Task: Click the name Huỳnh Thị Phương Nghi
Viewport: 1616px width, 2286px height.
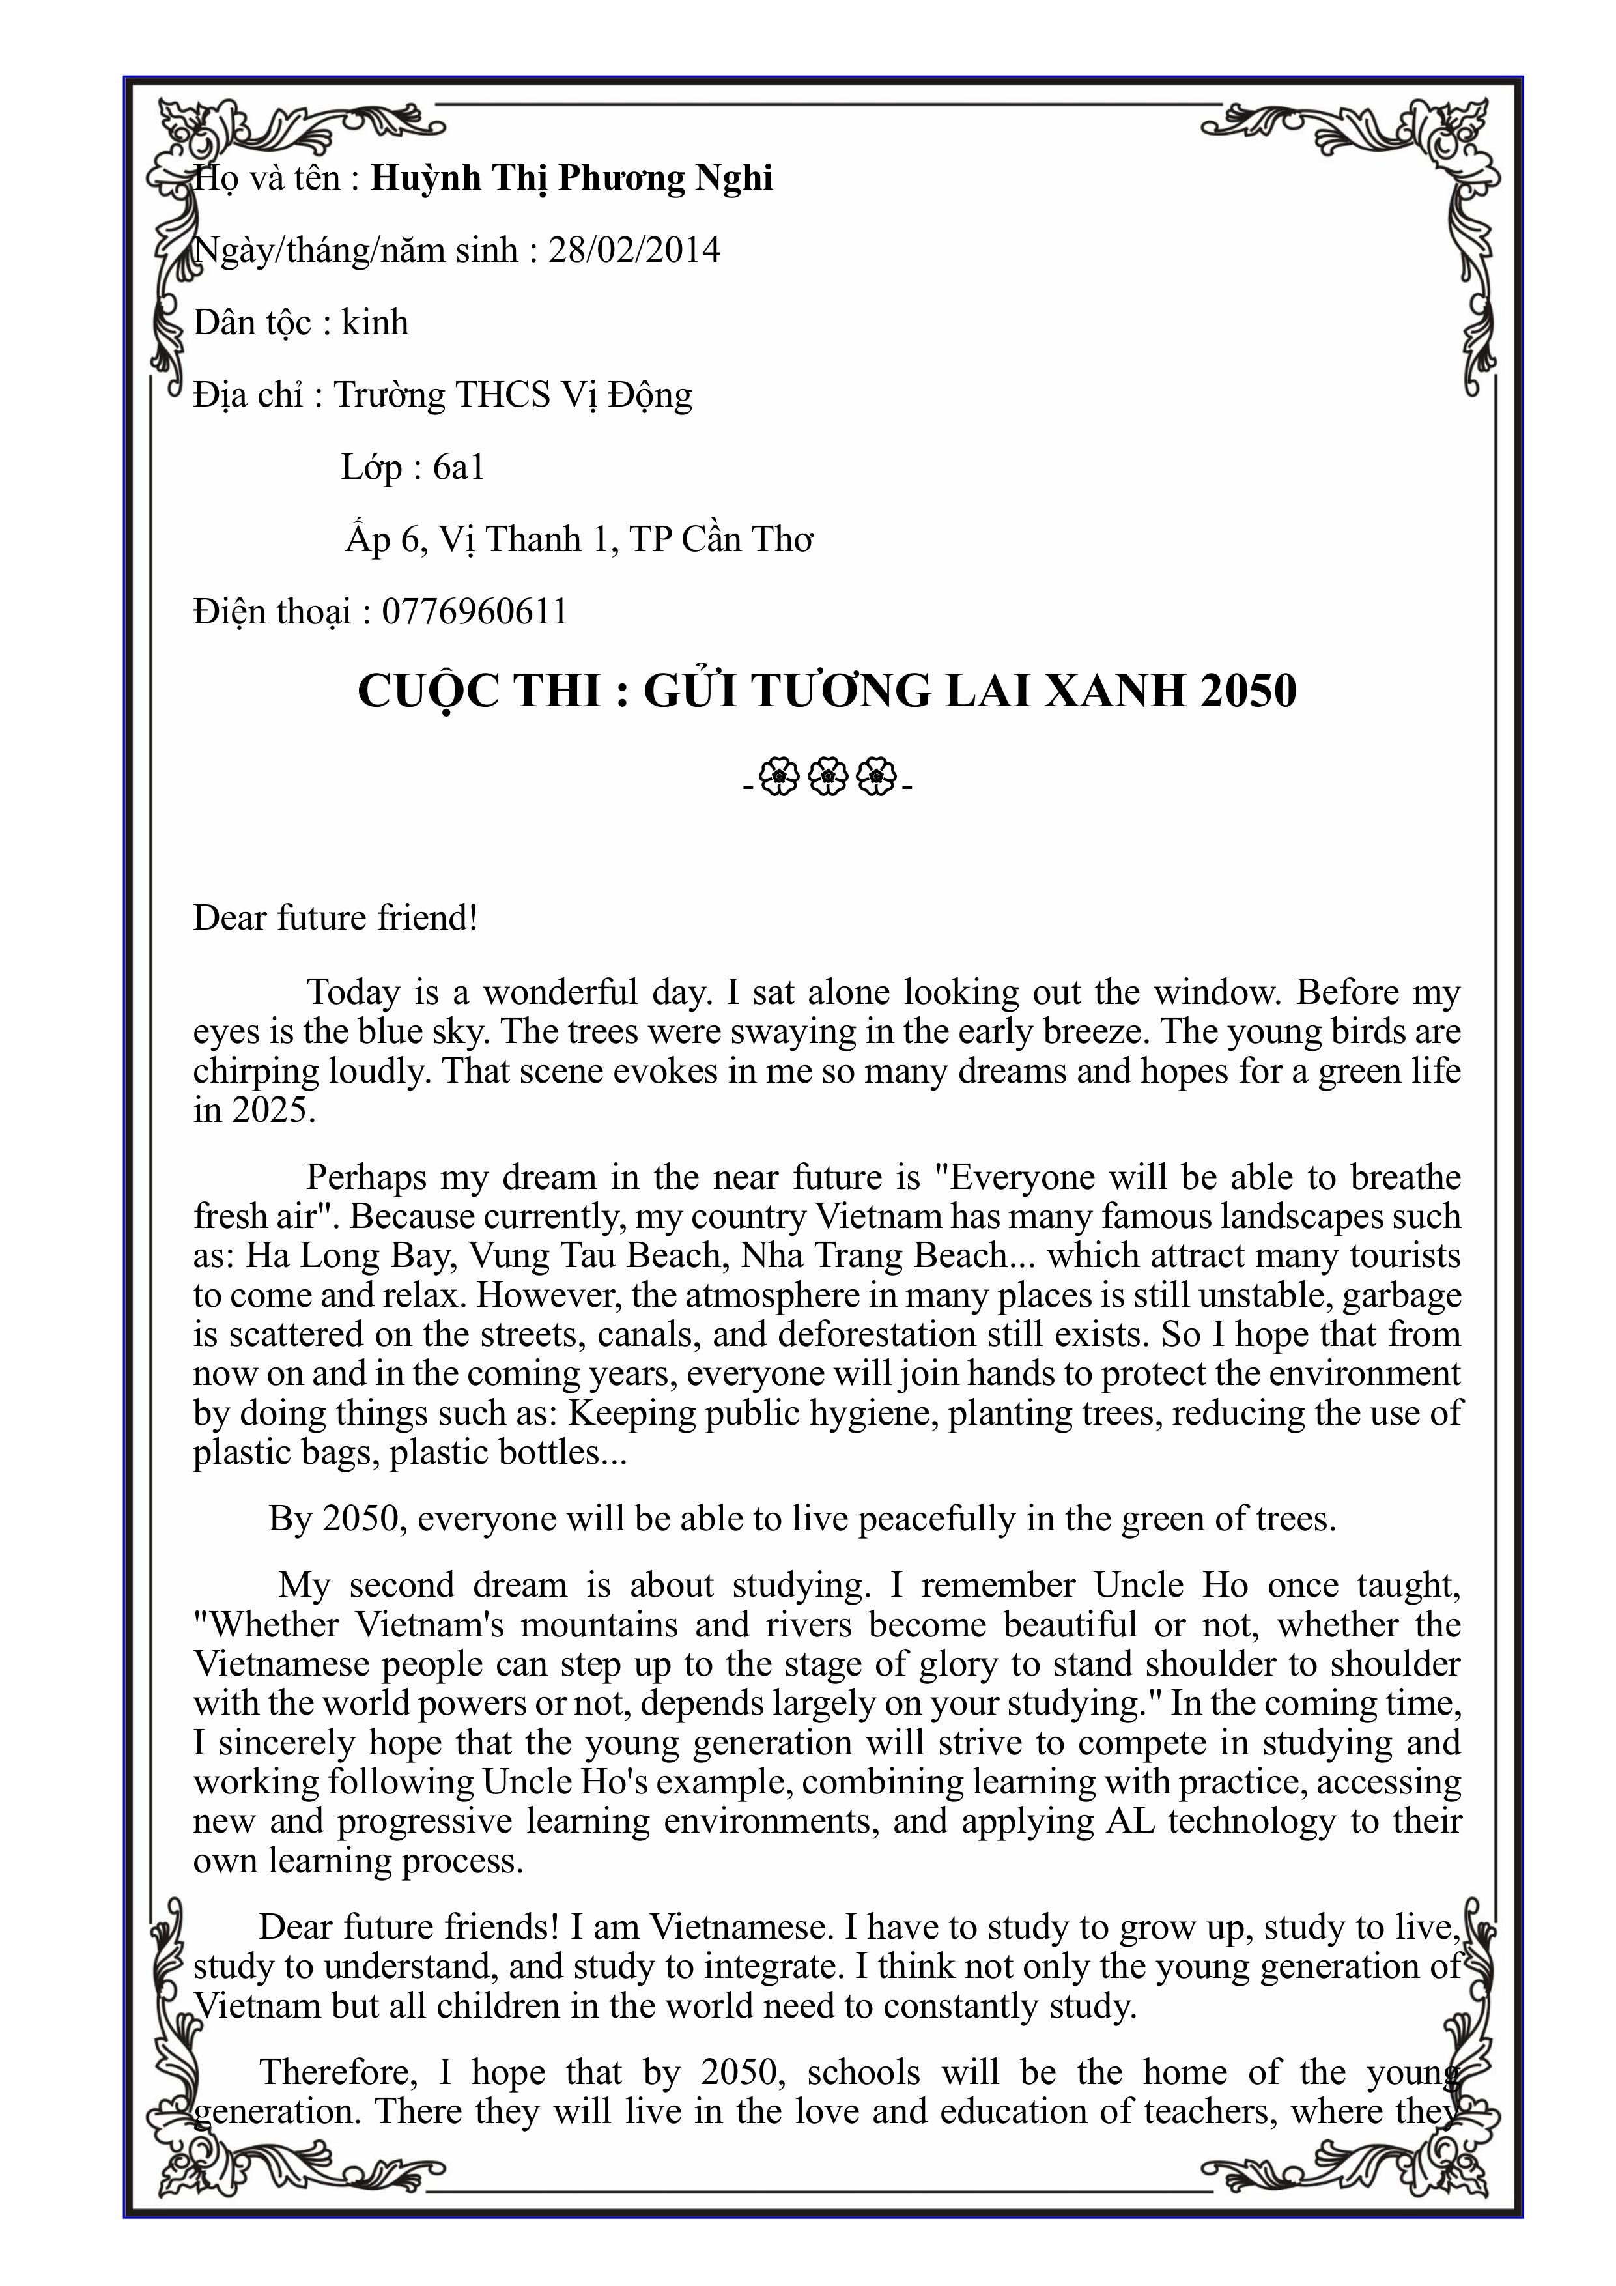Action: click(x=571, y=179)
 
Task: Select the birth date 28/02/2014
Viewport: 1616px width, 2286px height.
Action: click(x=634, y=250)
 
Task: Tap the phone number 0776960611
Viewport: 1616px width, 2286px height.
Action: click(x=475, y=611)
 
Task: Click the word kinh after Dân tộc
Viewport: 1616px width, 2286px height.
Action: click(x=375, y=322)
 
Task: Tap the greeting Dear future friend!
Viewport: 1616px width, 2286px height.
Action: click(x=335, y=918)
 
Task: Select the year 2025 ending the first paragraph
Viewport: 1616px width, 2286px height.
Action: click(x=273, y=1110)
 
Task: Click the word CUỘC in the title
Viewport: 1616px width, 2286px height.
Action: click(x=428, y=691)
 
